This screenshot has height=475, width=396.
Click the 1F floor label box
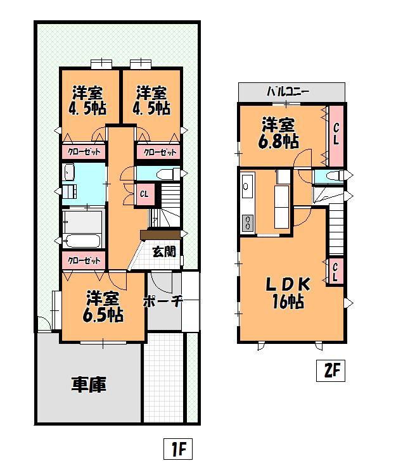[x=179, y=450]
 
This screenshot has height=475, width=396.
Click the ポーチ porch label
[x=163, y=301]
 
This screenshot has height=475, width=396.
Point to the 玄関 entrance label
[x=164, y=251]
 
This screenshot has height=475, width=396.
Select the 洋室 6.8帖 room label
[x=279, y=133]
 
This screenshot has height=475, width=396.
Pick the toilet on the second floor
[x=336, y=175]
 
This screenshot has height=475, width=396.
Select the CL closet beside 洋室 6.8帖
[x=336, y=134]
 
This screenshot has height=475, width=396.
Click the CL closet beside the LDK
[x=335, y=271]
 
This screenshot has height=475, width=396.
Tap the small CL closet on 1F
[x=144, y=194]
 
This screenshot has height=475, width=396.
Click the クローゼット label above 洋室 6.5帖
[x=83, y=260]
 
